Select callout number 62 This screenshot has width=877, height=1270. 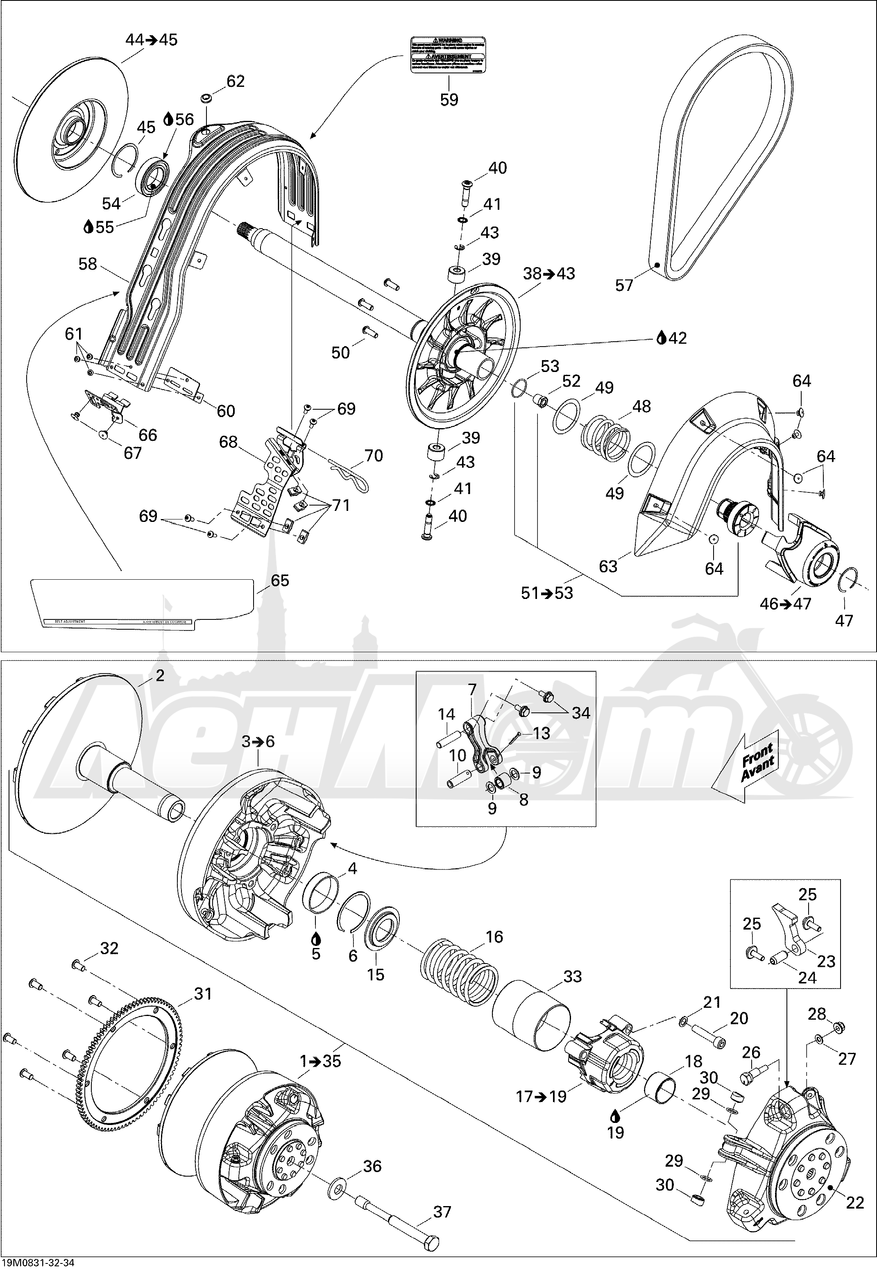click(x=235, y=82)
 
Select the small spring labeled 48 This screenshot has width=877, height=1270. click(x=605, y=437)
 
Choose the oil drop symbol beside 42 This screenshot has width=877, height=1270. click(x=662, y=338)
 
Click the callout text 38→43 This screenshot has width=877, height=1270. click(x=549, y=273)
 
